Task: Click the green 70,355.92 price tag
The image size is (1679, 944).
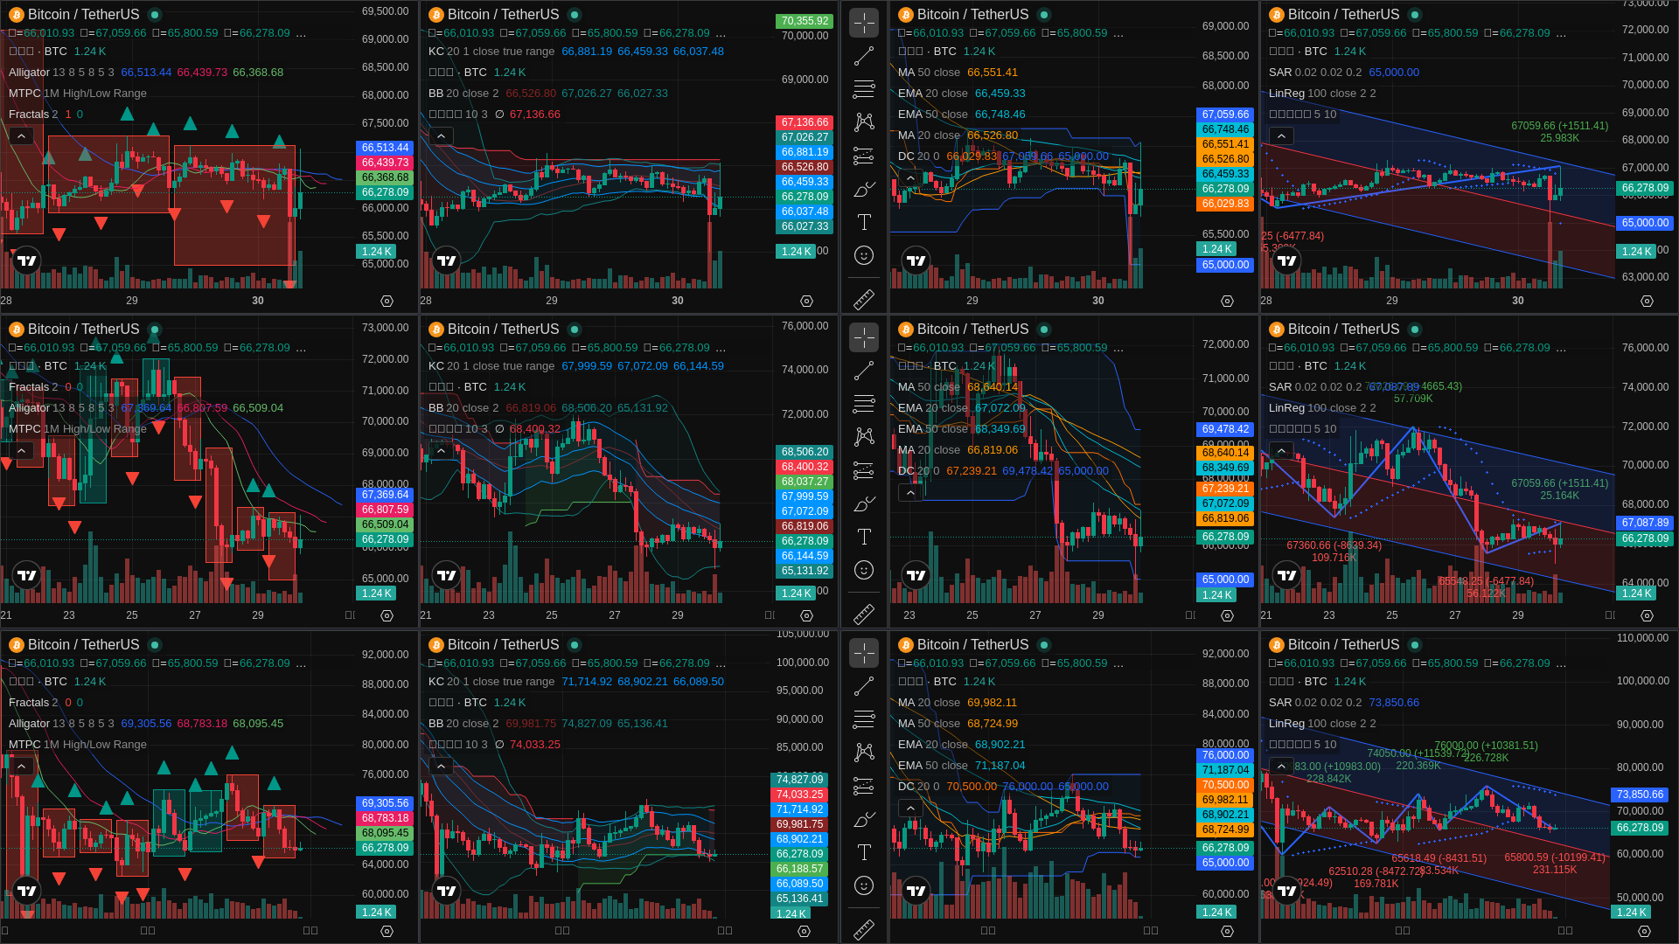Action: tap(805, 21)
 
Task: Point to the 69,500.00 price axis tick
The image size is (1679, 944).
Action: tap(385, 11)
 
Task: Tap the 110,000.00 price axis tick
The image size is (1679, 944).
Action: tap(1642, 638)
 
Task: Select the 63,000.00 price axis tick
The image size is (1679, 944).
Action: tap(1645, 277)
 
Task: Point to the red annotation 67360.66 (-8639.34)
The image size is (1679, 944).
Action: tap(1334, 545)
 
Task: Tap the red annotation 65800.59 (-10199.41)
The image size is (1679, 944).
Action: tap(1554, 857)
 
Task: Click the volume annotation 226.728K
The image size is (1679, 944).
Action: tap(1486, 758)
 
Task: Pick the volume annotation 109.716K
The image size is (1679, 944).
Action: tap(1334, 558)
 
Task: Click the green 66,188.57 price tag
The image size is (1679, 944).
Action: tap(799, 869)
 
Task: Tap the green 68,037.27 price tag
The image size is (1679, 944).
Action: tap(805, 482)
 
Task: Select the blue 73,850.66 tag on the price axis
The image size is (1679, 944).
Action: tap(1640, 795)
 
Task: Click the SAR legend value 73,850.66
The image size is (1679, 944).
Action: tap(1394, 703)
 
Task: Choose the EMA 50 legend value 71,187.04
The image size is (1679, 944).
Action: tap(1000, 766)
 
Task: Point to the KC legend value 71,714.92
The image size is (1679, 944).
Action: tap(586, 682)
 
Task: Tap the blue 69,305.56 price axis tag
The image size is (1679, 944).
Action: tap(385, 803)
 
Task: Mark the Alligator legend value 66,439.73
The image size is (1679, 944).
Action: tap(201, 73)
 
